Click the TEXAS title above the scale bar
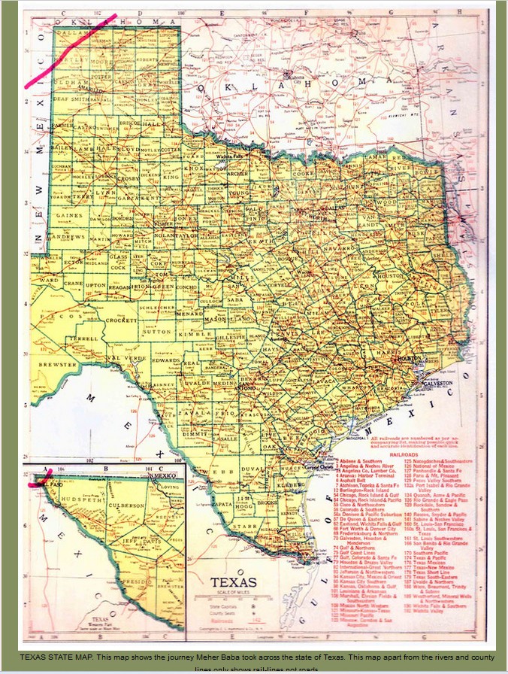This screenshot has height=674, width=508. (x=234, y=582)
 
